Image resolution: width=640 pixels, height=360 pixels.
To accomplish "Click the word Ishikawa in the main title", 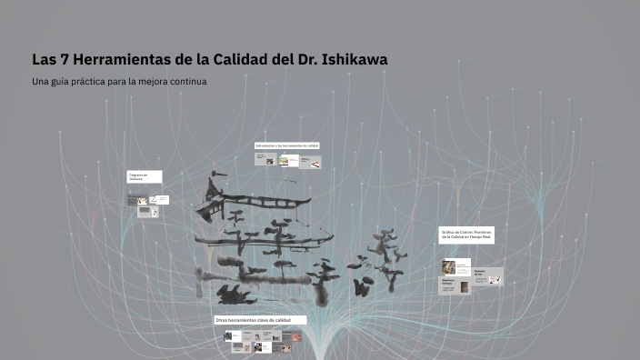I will tap(353, 60).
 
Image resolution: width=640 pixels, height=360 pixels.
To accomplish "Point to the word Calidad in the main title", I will tap(239, 60).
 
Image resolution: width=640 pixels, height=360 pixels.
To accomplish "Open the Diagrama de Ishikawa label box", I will tap(144, 176).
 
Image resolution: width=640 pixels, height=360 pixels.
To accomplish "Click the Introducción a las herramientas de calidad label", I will tap(287, 145).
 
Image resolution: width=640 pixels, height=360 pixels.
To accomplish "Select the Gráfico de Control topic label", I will tap(466, 235).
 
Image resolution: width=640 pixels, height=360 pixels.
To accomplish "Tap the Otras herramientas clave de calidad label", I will tap(260, 320).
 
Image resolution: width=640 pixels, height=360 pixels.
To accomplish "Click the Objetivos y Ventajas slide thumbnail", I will tap(455, 286).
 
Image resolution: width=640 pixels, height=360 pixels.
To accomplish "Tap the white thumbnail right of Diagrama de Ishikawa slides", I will tap(161, 200).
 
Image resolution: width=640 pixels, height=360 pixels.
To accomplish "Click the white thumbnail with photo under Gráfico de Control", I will tap(455, 267).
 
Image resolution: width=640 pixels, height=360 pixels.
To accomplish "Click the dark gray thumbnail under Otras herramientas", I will tap(287, 336).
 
